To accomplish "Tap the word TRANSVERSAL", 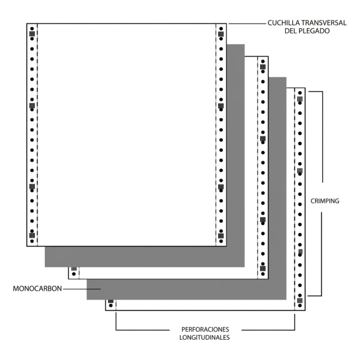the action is coord(324,23).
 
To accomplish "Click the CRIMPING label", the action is coord(325,201).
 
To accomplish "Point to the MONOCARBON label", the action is coord(37,289).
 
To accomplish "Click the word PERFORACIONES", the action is coord(205,329).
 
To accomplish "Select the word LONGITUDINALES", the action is coord(205,337).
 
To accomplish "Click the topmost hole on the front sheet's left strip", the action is coord(32,29).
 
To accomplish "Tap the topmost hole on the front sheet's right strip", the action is coord(221,29).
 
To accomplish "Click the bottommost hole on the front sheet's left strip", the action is coord(32,241).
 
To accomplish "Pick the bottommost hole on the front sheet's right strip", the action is coord(221,241).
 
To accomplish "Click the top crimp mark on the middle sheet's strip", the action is coord(263,67).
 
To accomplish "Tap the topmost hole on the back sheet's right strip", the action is coord(300,93).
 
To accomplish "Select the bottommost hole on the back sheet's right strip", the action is coord(300,306).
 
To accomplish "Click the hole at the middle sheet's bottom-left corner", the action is coord(74,274).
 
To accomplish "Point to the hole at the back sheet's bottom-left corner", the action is coord(111,306).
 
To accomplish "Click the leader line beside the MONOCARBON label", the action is coord(82,289).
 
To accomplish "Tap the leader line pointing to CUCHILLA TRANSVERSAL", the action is coord(247,24).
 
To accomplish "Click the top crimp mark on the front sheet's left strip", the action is coord(32,34).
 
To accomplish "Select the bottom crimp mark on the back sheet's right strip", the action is coord(300,301).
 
